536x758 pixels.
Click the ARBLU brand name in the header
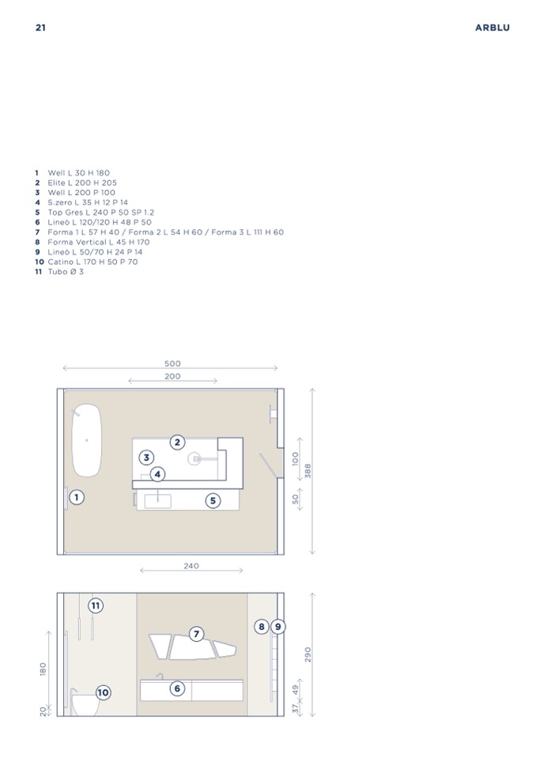click(492, 28)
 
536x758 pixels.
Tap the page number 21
click(40, 28)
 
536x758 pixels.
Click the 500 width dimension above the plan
click(172, 364)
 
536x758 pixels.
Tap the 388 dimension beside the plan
click(308, 470)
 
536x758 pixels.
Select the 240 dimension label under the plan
click(191, 566)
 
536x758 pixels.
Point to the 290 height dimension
click(308, 654)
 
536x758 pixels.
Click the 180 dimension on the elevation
click(43, 669)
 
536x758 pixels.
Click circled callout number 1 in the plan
click(77, 497)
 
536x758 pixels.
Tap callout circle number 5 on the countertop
click(213, 501)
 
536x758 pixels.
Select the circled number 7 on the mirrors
click(196, 634)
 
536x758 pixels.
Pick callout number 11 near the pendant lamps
click(96, 605)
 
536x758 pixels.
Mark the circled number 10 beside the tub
click(103, 692)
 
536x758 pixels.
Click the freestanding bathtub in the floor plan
click(87, 440)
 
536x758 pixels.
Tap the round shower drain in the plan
click(194, 458)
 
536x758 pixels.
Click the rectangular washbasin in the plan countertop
click(158, 501)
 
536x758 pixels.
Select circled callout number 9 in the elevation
click(278, 627)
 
